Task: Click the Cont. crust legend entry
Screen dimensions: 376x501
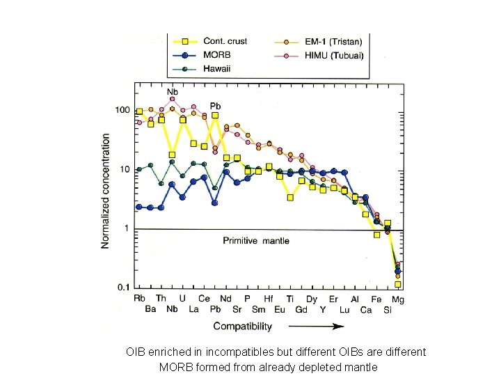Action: pyautogui.click(x=224, y=42)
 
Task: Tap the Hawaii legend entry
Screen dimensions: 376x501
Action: pyautogui.click(x=217, y=68)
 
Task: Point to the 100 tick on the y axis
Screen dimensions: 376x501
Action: pyautogui.click(x=122, y=111)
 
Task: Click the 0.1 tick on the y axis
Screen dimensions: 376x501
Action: pyautogui.click(x=123, y=287)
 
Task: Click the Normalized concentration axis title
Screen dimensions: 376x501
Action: pyautogui.click(x=106, y=191)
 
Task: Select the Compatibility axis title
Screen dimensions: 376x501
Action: pyautogui.click(x=242, y=326)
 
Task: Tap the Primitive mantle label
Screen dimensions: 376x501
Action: pyautogui.click(x=255, y=241)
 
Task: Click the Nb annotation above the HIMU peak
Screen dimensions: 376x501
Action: pyautogui.click(x=172, y=91)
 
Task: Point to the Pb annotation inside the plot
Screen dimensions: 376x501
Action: pyautogui.click(x=216, y=106)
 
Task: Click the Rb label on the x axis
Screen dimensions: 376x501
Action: pyautogui.click(x=140, y=298)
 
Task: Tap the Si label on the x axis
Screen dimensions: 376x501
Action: pyautogui.click(x=388, y=310)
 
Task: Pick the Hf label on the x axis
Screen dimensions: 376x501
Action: pyautogui.click(x=269, y=298)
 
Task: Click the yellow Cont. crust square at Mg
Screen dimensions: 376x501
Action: pyautogui.click(x=398, y=284)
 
